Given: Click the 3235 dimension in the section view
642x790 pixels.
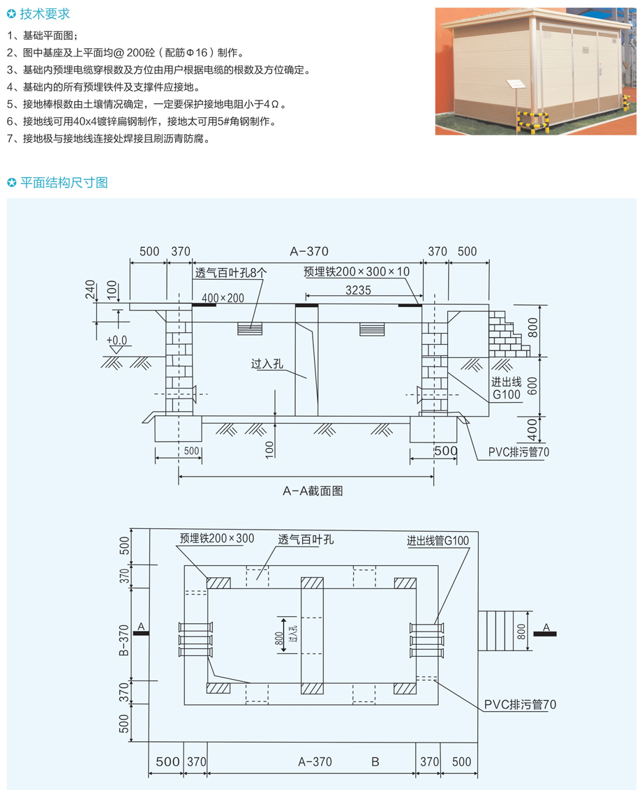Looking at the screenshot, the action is [358, 290].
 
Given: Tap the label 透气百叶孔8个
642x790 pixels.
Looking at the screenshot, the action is [231, 273].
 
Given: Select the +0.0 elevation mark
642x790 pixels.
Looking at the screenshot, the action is [117, 341].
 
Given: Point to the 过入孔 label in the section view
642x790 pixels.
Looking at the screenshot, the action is [267, 364].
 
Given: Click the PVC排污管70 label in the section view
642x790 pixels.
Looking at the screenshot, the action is [518, 452].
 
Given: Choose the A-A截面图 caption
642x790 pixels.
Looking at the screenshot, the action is [313, 491].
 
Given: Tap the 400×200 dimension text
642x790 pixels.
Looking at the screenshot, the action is [223, 298].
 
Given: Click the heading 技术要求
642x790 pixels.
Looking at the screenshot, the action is [45, 13].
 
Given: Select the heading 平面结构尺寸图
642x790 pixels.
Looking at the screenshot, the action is [64, 182].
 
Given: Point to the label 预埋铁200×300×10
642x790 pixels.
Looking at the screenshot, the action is [357, 271].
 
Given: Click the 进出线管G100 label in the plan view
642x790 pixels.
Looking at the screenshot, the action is [438, 541].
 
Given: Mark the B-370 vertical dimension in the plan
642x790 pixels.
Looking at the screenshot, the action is [124, 641].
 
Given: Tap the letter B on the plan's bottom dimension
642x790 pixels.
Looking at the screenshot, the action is [375, 762].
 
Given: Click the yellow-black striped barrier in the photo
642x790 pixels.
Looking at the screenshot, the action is [532, 121].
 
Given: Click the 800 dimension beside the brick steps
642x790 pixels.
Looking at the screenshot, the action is [532, 328].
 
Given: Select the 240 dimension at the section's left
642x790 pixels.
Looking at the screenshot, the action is [90, 289].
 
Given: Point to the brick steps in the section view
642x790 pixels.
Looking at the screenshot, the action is [508, 334].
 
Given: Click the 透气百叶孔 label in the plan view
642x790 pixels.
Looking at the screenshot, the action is [306, 539].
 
